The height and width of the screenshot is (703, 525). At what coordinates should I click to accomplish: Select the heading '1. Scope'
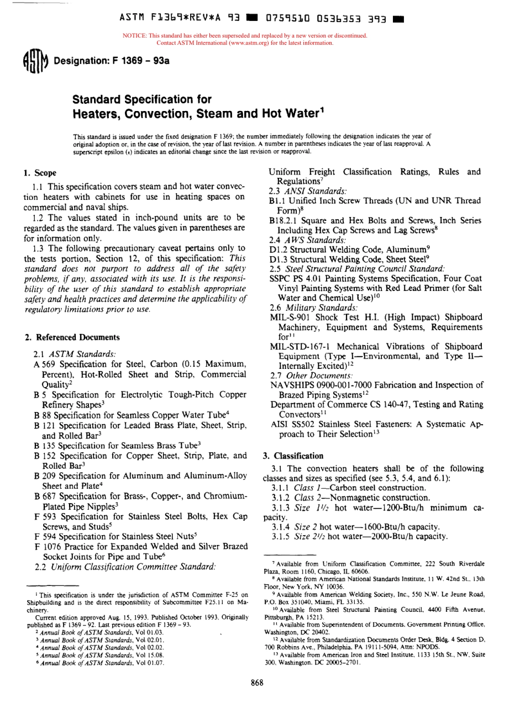point(41,173)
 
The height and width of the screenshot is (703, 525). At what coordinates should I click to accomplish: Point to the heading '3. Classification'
point(287,456)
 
